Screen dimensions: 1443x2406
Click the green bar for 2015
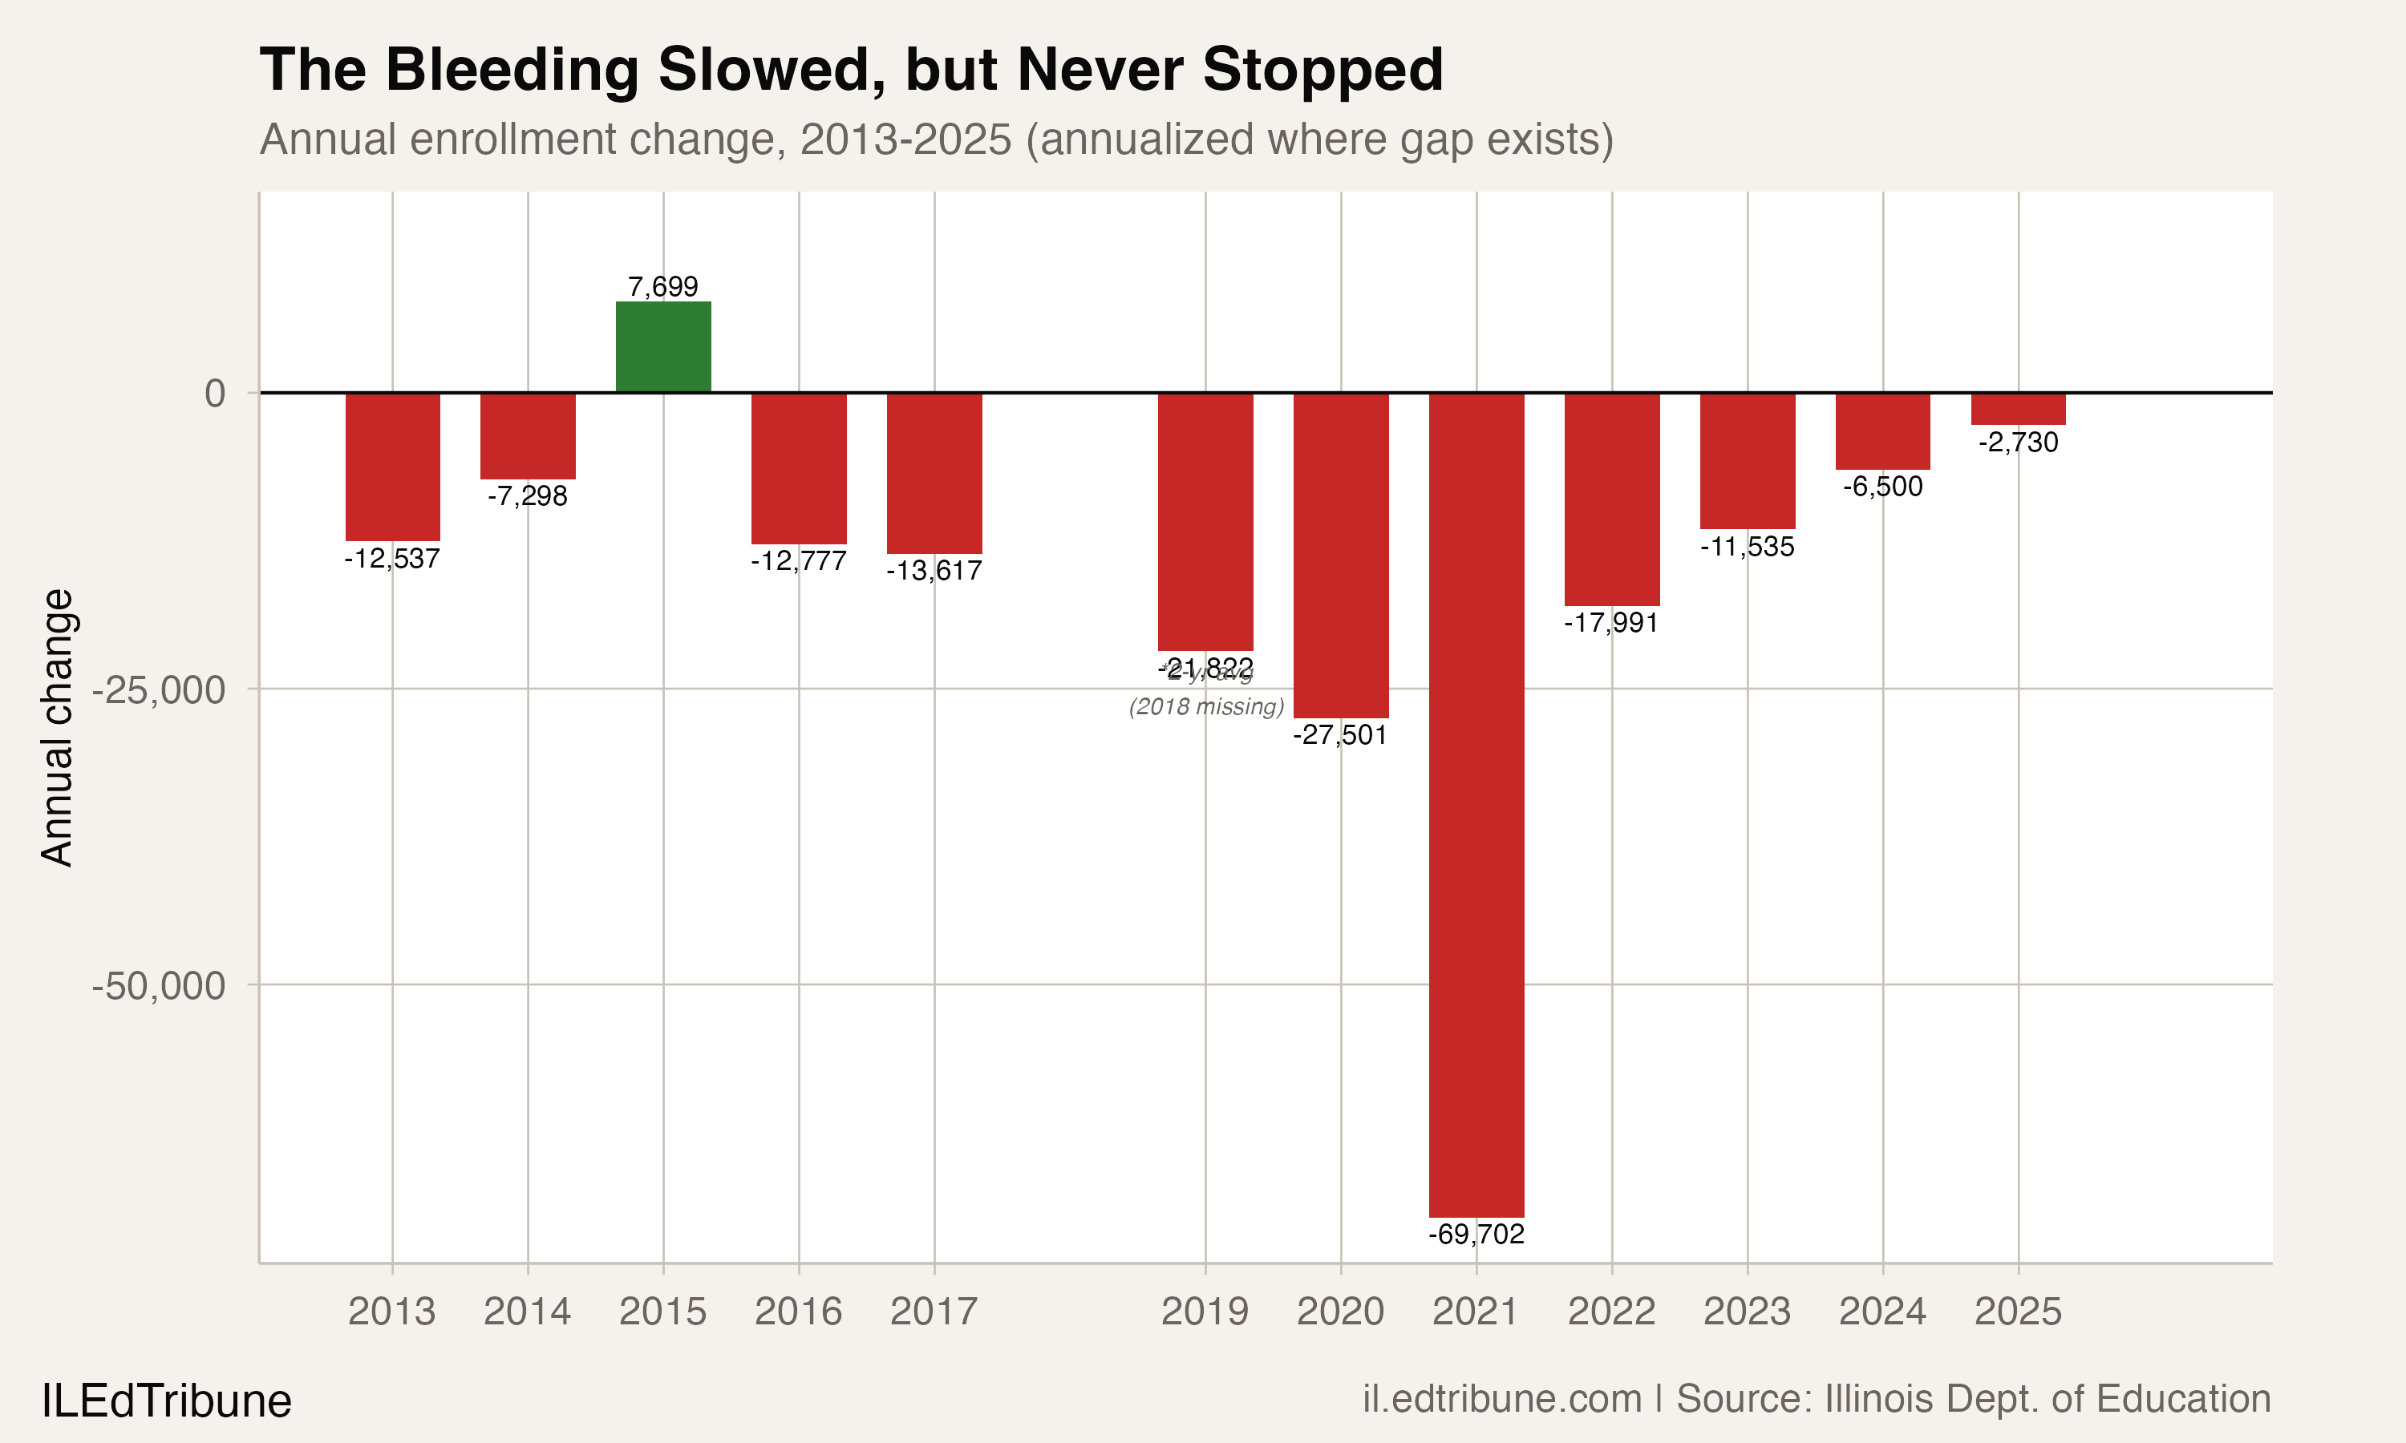coord(663,347)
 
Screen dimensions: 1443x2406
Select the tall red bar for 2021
coord(1476,804)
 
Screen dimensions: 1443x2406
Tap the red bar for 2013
coord(393,467)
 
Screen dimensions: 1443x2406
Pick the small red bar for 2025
coord(2018,408)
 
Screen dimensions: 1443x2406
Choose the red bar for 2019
coord(1205,521)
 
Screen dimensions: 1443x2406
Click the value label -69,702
coord(1476,1234)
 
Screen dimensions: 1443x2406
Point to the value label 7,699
coord(663,287)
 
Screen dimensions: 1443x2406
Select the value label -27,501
coord(1340,735)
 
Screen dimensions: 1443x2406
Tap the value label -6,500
coord(1883,486)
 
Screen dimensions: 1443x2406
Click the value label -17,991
coord(1611,622)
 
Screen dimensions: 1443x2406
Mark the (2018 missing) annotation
coord(1206,707)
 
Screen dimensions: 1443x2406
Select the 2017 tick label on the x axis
coord(934,1312)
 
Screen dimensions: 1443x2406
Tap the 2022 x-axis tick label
coord(1611,1312)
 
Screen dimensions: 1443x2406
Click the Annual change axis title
coord(56,727)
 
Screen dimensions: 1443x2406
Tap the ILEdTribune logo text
coord(166,1401)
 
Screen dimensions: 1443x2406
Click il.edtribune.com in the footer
coord(1501,1398)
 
